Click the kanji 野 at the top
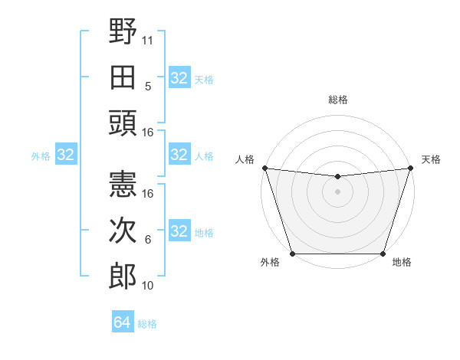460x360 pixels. coord(123,32)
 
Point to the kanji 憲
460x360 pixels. coord(123,185)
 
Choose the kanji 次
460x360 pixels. coord(123,231)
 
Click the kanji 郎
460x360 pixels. coord(123,276)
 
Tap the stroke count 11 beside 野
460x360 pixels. coord(148,39)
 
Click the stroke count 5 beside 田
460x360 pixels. coord(148,87)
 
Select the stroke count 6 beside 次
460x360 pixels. coord(148,240)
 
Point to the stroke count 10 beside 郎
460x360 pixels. coord(148,286)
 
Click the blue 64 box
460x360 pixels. coord(122,322)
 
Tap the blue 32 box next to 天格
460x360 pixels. coord(179,78)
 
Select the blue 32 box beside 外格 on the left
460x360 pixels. coord(66,155)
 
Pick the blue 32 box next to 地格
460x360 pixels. coord(179,231)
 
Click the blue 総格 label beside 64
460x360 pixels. coord(147,324)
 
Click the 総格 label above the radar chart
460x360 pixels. coord(337,100)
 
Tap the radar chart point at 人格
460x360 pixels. coord(264,168)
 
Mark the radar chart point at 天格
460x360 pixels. coord(410,168)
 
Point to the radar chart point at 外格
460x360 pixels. coord(292,254)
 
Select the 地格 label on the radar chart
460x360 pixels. coord(402,263)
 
